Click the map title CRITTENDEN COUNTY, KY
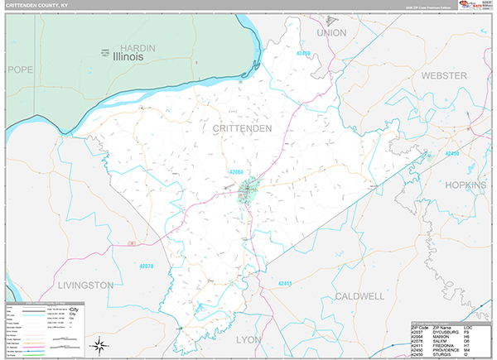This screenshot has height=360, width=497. click(x=41, y=7)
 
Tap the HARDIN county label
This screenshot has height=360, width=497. click(x=138, y=48)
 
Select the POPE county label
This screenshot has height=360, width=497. click(x=18, y=70)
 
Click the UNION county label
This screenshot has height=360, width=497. click(x=331, y=32)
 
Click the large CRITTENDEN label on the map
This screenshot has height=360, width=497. click(x=241, y=129)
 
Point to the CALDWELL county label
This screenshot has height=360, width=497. click(x=359, y=295)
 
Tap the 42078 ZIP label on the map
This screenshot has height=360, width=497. click(x=147, y=266)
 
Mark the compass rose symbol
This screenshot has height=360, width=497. click(x=99, y=343)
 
